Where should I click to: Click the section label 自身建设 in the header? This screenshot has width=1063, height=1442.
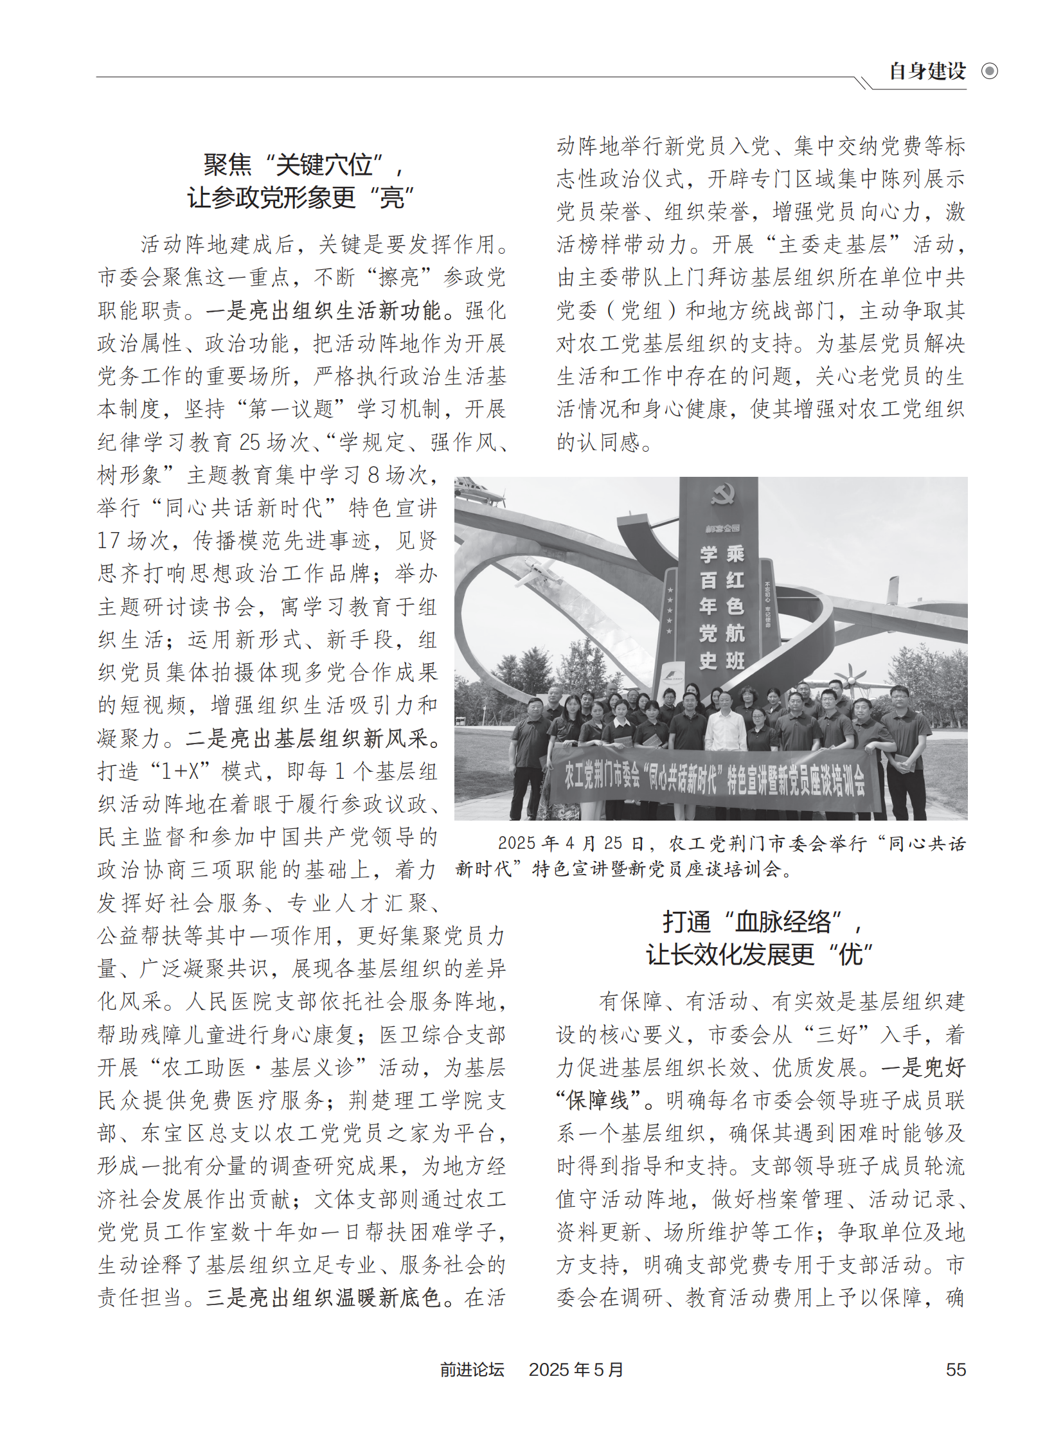coord(927,71)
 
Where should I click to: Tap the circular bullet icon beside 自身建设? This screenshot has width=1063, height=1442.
coord(990,71)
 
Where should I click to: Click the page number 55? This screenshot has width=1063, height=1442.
coord(956,1369)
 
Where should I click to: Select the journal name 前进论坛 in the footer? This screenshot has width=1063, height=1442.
coord(472,1369)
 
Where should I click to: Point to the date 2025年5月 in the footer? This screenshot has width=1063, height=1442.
coord(576,1369)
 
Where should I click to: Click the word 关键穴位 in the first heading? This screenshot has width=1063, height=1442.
coord(325,165)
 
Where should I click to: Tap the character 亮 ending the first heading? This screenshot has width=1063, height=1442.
coord(393,197)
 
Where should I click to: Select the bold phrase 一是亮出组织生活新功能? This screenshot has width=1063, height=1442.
coord(324,310)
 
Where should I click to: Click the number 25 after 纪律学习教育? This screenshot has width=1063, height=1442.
coord(250,442)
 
